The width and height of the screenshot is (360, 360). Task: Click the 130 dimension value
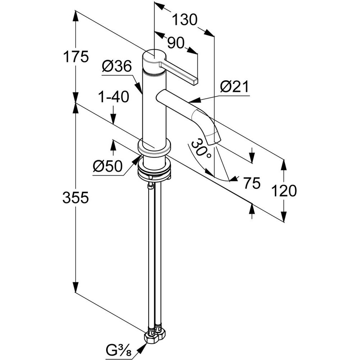click(184, 20)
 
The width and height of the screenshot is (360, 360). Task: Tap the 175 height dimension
click(76, 57)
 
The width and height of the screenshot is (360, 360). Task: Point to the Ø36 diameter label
click(116, 67)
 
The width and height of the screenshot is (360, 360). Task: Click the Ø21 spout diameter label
click(234, 87)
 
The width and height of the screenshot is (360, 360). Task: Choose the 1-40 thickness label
click(113, 97)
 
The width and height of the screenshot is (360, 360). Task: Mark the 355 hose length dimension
click(76, 197)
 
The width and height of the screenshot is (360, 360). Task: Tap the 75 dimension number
click(252, 184)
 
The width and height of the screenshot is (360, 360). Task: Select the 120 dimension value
click(284, 190)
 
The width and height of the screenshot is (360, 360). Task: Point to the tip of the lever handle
click(195, 81)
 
